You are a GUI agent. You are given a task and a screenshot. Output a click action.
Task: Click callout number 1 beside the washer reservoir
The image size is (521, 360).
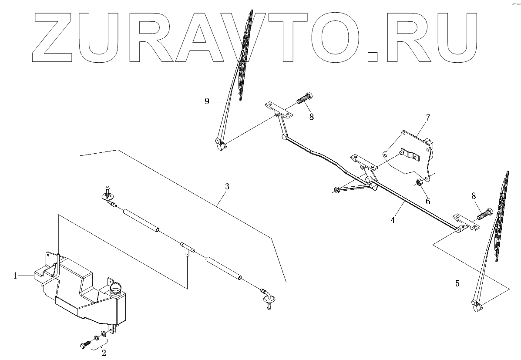[x=15, y=276]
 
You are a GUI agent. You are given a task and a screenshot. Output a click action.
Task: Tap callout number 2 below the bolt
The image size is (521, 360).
[x=104, y=353]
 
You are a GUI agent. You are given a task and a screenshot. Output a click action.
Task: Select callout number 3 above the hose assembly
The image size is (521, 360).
[x=227, y=186]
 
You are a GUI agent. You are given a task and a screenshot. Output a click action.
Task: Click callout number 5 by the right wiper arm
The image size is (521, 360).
[x=457, y=284]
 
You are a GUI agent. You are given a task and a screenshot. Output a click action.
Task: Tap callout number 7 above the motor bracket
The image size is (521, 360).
[x=428, y=118]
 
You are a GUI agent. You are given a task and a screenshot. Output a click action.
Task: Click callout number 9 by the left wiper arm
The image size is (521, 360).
[x=207, y=101]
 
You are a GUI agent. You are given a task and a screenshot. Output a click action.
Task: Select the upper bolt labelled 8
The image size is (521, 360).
[x=305, y=99]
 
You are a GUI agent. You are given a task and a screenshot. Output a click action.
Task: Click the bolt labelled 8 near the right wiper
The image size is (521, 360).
[x=486, y=214]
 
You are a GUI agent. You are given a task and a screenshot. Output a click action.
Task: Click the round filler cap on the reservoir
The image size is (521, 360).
[x=117, y=287]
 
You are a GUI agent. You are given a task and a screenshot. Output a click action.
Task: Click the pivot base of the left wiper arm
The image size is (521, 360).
[x=221, y=144]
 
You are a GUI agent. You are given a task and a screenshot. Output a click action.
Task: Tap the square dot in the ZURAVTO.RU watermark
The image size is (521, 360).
[x=373, y=56]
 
